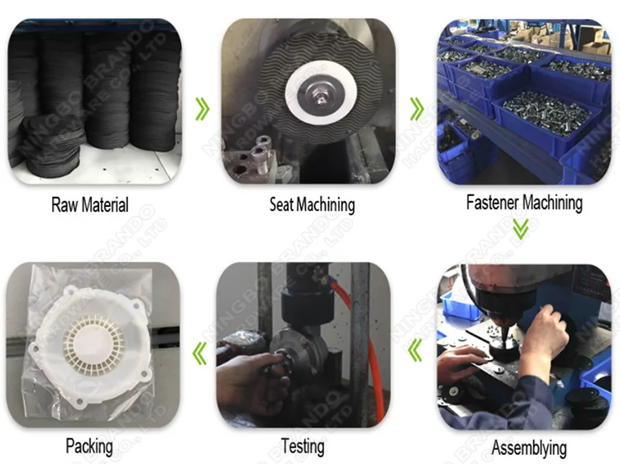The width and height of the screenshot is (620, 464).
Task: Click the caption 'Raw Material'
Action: coord(90,204)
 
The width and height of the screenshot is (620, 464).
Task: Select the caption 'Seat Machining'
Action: coord(312,204)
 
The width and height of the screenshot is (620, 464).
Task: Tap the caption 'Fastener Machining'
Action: coord(524,203)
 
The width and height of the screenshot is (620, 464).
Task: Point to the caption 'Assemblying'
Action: coord(529,449)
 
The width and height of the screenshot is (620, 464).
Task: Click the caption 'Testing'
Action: coord(303,446)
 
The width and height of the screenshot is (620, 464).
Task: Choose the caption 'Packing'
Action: coord(89,447)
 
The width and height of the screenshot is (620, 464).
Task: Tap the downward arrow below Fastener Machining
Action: coord(520,229)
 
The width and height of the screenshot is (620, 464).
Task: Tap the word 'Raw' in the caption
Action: coord(64,204)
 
